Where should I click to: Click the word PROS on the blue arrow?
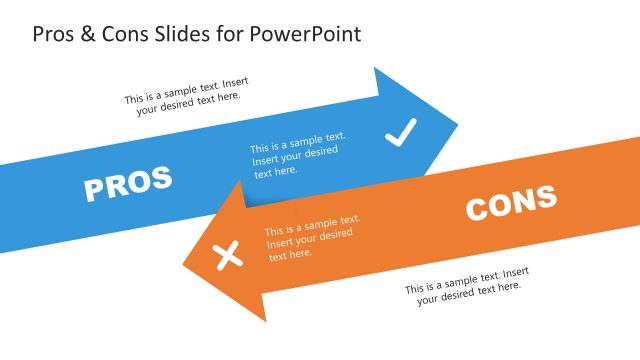coord(128,184)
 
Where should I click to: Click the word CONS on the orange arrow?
coord(511,203)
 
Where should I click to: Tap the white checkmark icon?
coord(400,132)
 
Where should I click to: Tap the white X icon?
coord(230,256)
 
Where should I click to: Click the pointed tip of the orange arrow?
coord(183,256)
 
